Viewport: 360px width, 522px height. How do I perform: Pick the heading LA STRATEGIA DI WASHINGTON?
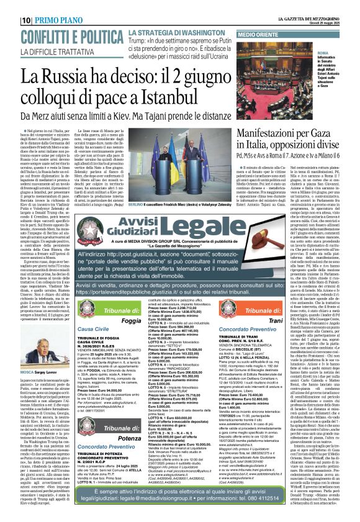[168, 32]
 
